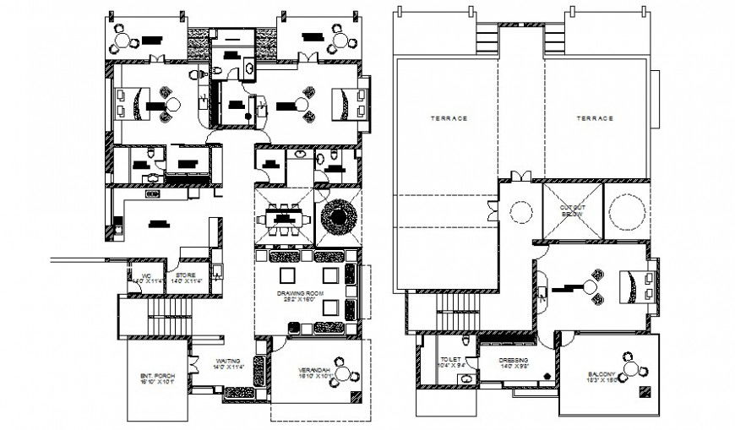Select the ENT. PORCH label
coord(156,376)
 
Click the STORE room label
coord(187,275)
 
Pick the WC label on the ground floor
coord(145,275)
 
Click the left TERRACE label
coord(448,118)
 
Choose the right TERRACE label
coord(595,118)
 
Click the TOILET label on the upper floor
coord(451,360)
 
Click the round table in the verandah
coord(342,372)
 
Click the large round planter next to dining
coord(337,217)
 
